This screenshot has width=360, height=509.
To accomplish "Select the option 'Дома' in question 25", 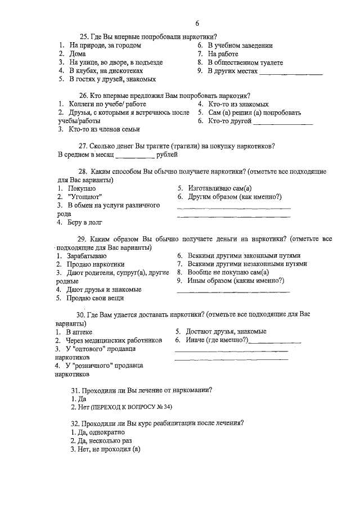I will click(x=78, y=54).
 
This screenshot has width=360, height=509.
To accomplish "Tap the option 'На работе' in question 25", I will click(x=222, y=54).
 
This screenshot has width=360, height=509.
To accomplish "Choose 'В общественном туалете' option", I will click(x=244, y=63).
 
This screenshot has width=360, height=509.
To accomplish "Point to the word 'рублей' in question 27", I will click(x=167, y=154).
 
